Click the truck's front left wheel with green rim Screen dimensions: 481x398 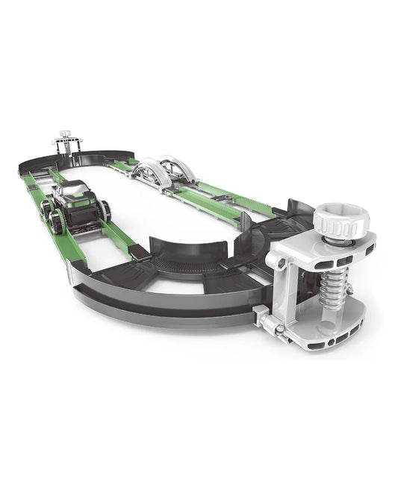pos(57,221)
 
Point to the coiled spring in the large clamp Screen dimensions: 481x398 pos(332,291)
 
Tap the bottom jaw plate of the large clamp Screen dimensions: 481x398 pos(329,335)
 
